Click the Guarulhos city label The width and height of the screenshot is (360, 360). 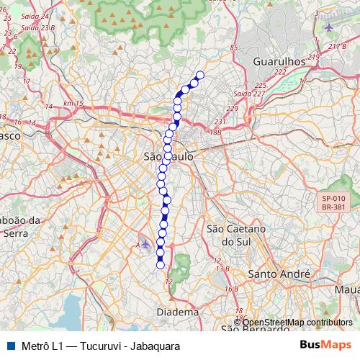point(280,62)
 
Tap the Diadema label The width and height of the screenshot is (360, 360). point(177,312)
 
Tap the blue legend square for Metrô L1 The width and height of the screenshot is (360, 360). point(9,346)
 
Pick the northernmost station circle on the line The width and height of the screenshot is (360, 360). point(200,76)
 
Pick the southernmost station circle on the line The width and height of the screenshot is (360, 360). point(161,264)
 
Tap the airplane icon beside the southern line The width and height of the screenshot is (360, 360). point(146,243)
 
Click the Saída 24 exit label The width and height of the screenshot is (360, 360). point(36,16)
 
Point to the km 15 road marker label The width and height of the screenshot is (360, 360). point(73,104)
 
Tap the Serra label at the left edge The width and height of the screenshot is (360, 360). point(16,232)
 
